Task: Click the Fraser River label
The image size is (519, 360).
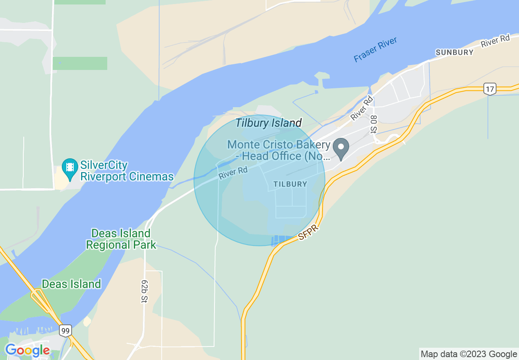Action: pos(375,50)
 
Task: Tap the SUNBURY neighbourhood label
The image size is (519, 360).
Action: pos(455,52)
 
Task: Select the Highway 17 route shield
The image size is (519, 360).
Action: pos(490,88)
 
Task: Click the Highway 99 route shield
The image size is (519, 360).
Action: pos(65,330)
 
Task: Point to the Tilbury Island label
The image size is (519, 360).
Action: pos(269,123)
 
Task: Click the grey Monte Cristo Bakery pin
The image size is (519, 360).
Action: pos(341,148)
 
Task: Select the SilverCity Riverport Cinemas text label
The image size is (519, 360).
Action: pos(127,171)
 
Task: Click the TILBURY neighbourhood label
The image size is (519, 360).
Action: pos(290,184)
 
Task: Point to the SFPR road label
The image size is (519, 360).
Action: pos(308,232)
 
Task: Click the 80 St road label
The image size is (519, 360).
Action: pos(373,124)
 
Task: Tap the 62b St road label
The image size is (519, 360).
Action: pos(144,291)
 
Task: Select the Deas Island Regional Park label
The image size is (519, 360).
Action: pos(121,239)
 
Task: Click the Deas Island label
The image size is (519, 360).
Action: pos(72,284)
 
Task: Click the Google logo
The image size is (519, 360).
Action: pos(27,350)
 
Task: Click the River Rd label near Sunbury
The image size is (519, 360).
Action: pos(495,41)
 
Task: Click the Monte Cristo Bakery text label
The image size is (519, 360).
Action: pos(279,150)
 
